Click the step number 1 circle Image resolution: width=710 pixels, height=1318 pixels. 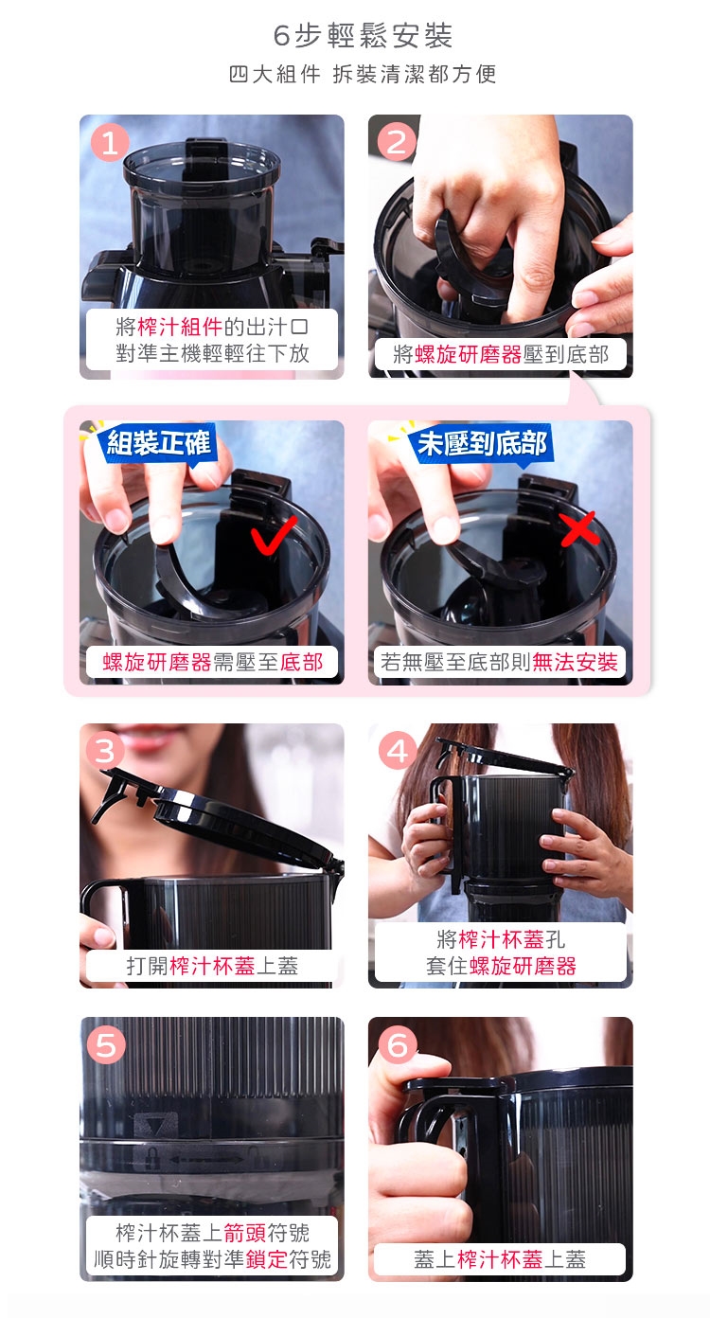click(x=110, y=143)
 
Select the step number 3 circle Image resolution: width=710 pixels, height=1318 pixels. click(x=105, y=751)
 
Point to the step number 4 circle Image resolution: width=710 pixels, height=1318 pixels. click(x=398, y=751)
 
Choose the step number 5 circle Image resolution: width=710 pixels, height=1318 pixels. click(x=106, y=1045)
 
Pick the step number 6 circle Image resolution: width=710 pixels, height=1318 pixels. click(x=398, y=1045)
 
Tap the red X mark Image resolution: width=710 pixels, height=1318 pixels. click(x=578, y=528)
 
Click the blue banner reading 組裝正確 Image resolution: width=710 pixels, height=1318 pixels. click(x=159, y=442)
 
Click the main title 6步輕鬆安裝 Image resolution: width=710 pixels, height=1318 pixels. click(x=363, y=36)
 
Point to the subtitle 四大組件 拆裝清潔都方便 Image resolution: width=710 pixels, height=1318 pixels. click(x=363, y=74)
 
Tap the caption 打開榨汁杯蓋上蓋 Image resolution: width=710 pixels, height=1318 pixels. click(x=212, y=966)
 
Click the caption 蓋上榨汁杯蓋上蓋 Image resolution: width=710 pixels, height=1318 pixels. click(x=500, y=1259)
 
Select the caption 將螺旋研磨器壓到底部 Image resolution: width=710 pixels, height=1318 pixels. click(x=501, y=354)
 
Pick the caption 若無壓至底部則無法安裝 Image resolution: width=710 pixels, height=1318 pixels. click(x=500, y=662)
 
